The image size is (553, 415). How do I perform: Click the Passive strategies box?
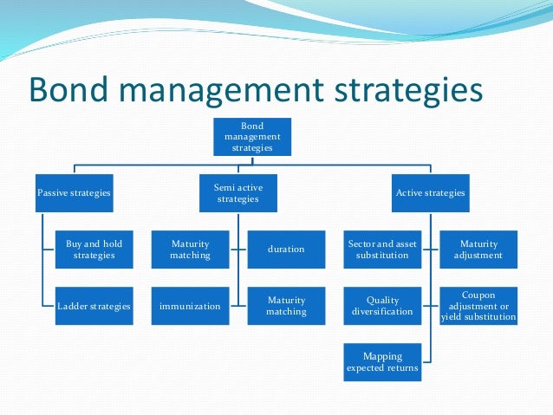[x=74, y=192]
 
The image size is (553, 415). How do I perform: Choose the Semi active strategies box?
[x=237, y=192]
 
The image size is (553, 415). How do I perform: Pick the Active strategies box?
[x=430, y=192]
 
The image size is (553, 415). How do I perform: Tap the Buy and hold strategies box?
[x=94, y=250]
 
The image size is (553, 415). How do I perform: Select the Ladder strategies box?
[x=94, y=306]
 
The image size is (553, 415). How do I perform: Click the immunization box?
[x=189, y=306]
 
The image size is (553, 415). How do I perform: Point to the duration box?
[x=286, y=250]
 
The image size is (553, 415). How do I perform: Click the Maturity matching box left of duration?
[x=189, y=250]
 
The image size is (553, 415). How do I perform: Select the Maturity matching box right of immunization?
[x=286, y=306]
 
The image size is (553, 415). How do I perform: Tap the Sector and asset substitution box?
[x=382, y=250]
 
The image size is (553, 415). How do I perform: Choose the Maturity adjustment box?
[x=478, y=250]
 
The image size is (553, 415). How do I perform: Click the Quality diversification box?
[x=382, y=306]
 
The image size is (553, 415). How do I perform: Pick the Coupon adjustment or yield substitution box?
[x=478, y=306]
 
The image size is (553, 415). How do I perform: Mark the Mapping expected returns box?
[x=382, y=362]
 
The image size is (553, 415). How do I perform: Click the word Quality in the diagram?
[x=382, y=300]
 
